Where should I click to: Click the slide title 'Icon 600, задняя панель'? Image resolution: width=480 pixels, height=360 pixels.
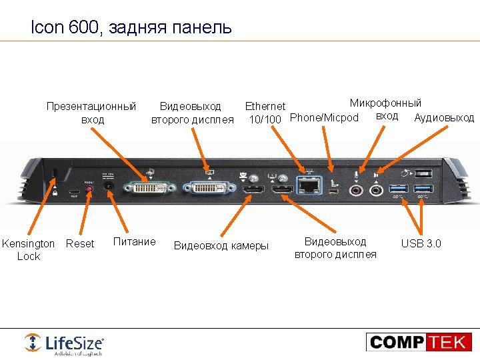(131, 27)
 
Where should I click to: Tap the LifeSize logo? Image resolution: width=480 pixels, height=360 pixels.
(64, 343)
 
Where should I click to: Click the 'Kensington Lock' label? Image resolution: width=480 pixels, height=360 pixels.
(29, 250)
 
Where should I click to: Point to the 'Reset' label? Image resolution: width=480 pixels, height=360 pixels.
(80, 244)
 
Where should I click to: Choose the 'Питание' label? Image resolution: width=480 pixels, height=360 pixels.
(135, 242)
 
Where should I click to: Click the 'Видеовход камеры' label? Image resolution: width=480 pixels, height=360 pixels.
(221, 246)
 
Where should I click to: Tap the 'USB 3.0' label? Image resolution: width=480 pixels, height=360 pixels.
(421, 243)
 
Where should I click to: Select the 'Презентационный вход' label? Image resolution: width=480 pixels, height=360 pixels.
(91, 113)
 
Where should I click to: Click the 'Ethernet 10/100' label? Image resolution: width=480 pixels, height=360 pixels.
(265, 113)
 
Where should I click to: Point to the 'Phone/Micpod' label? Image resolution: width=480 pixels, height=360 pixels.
(325, 118)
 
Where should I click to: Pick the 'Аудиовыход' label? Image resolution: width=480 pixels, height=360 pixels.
(444, 118)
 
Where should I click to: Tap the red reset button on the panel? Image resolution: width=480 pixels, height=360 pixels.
(89, 189)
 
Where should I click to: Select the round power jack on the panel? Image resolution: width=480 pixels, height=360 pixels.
(108, 189)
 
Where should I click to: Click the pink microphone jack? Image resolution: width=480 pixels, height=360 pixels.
(357, 189)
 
